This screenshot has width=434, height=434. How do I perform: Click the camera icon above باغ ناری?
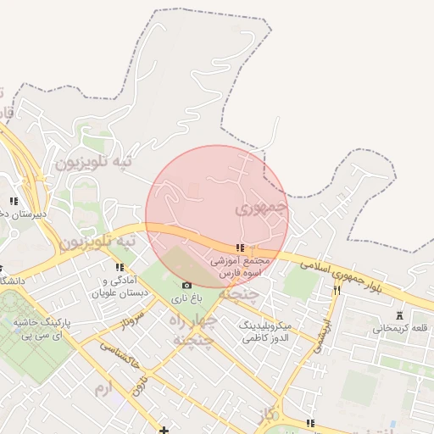tap(186, 285)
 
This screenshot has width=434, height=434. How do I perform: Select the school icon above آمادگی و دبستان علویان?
tap(120, 268)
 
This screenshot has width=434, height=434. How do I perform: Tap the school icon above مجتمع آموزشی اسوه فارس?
tap(240, 248)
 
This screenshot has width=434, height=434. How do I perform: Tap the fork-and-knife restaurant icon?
tap(337, 290)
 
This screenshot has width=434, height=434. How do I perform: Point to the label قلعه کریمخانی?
tap(397, 328)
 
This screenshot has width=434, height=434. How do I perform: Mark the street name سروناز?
tap(130, 323)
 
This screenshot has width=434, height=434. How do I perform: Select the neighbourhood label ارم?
tap(103, 387)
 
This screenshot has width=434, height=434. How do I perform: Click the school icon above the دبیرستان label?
tap(13, 202)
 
